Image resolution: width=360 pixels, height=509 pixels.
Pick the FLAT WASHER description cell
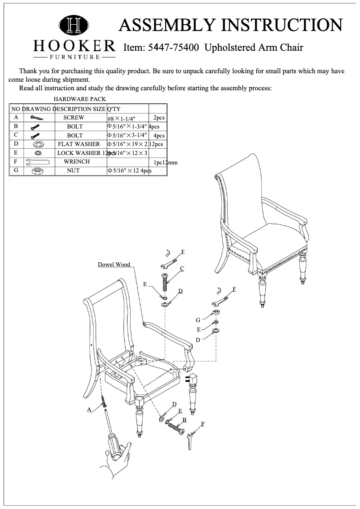79,144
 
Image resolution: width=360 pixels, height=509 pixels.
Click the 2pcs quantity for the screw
159,118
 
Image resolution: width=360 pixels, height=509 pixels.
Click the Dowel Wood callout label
114,264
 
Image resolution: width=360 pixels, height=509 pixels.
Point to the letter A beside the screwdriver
89,409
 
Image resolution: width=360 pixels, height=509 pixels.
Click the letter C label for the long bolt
182,268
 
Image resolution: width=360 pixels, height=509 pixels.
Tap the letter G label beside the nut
198,320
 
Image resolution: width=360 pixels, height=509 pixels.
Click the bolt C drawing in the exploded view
164,283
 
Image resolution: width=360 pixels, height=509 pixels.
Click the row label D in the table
16,144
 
